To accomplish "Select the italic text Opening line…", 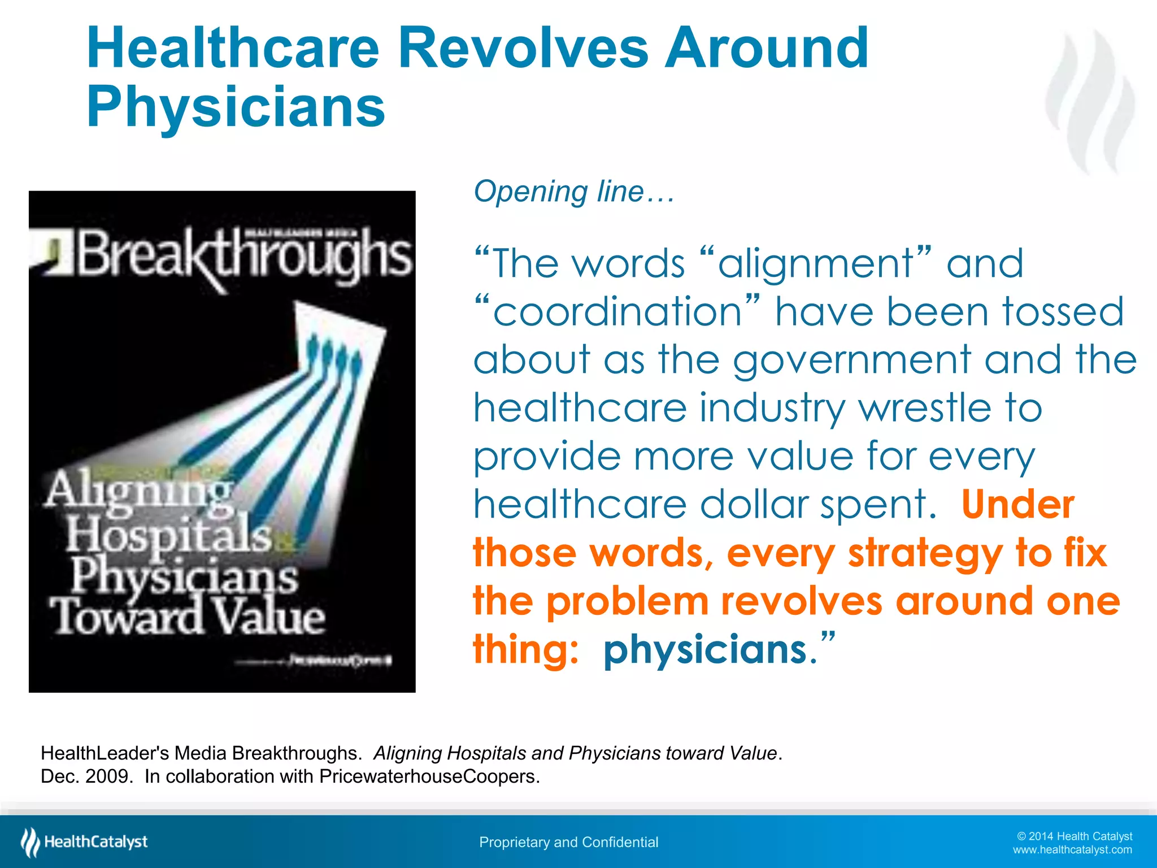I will coord(574,192).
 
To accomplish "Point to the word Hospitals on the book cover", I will coord(169,535).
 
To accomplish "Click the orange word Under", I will coord(1017,504).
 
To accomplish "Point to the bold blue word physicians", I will coord(706,649).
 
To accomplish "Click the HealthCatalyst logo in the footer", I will coord(84,842).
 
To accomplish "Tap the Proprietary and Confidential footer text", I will coord(568,842).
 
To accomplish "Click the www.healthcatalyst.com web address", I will coord(1072,850).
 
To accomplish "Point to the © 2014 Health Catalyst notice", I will coord(1074,836).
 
